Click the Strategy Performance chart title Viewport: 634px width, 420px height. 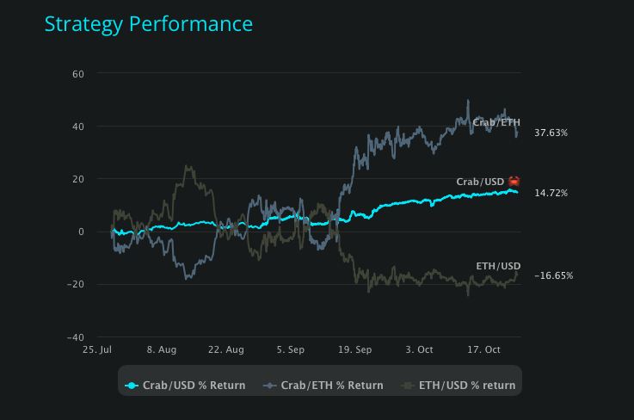click(x=149, y=24)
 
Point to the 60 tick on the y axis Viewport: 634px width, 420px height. click(x=77, y=74)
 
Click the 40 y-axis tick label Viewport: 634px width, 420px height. click(x=77, y=127)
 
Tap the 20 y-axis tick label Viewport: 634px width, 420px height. click(x=77, y=179)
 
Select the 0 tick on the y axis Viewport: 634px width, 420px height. click(x=81, y=232)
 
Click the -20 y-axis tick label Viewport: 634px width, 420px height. click(x=76, y=284)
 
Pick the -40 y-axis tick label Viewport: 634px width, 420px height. click(x=76, y=337)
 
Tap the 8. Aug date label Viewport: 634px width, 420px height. click(x=162, y=350)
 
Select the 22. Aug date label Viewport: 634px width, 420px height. click(x=225, y=350)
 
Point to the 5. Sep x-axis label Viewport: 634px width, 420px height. click(x=291, y=350)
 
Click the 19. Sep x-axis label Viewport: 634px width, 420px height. click(x=354, y=350)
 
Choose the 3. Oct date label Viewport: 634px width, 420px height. click(x=419, y=350)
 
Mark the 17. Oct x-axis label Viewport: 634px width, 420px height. click(x=483, y=350)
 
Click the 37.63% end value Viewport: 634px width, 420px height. click(x=551, y=133)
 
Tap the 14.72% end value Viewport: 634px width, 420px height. click(x=551, y=194)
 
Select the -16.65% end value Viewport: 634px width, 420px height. click(x=553, y=276)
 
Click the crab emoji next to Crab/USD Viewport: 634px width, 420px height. click(x=514, y=182)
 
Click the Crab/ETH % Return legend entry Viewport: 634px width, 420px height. click(x=324, y=386)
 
